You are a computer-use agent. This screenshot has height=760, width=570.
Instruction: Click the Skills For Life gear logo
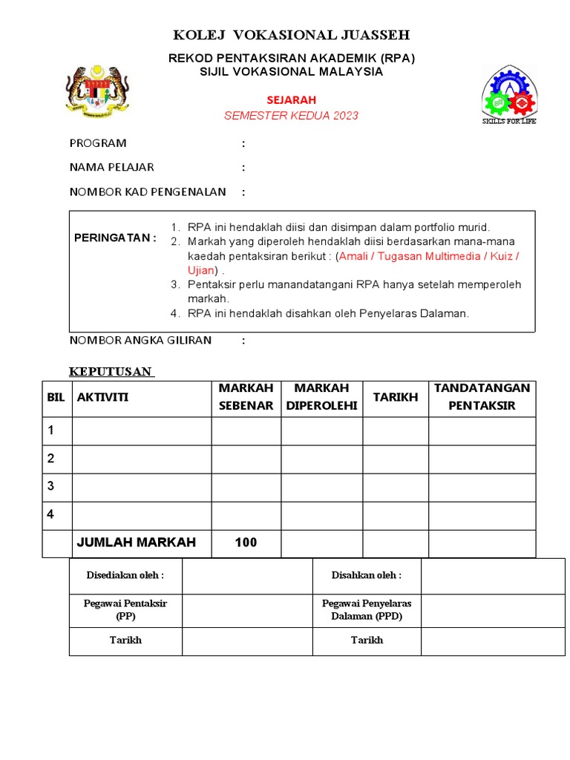[x=509, y=95]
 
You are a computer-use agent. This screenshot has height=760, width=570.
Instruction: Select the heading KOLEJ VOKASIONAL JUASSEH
[x=291, y=35]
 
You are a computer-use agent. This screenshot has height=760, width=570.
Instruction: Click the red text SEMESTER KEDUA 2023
[x=291, y=115]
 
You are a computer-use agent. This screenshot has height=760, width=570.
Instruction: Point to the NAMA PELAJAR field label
[x=112, y=167]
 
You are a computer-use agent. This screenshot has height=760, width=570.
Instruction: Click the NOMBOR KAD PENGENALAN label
[x=148, y=191]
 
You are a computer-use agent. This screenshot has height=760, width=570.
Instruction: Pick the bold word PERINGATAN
[x=115, y=237]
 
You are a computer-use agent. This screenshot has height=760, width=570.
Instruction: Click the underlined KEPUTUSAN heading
[x=111, y=371]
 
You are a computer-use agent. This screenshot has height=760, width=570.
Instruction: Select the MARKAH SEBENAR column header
[x=246, y=397]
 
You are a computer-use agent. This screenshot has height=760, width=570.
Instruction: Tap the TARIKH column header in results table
[x=395, y=397]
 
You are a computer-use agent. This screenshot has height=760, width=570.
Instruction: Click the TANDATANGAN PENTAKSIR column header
[x=482, y=397]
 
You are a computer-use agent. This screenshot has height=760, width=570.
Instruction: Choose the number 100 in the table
[x=246, y=543]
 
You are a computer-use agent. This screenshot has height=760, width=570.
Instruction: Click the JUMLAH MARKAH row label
[x=136, y=543]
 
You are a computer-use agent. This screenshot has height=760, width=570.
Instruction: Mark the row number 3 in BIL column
[x=51, y=486]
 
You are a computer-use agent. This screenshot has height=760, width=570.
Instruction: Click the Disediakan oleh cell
[x=125, y=575]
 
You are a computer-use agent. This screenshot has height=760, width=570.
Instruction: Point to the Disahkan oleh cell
[x=367, y=575]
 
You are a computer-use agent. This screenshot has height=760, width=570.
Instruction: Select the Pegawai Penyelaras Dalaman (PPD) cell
[x=367, y=609]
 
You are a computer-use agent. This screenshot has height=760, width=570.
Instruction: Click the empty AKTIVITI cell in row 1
[x=142, y=430]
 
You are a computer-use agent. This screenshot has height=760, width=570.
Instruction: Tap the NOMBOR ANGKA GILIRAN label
[x=140, y=340]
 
